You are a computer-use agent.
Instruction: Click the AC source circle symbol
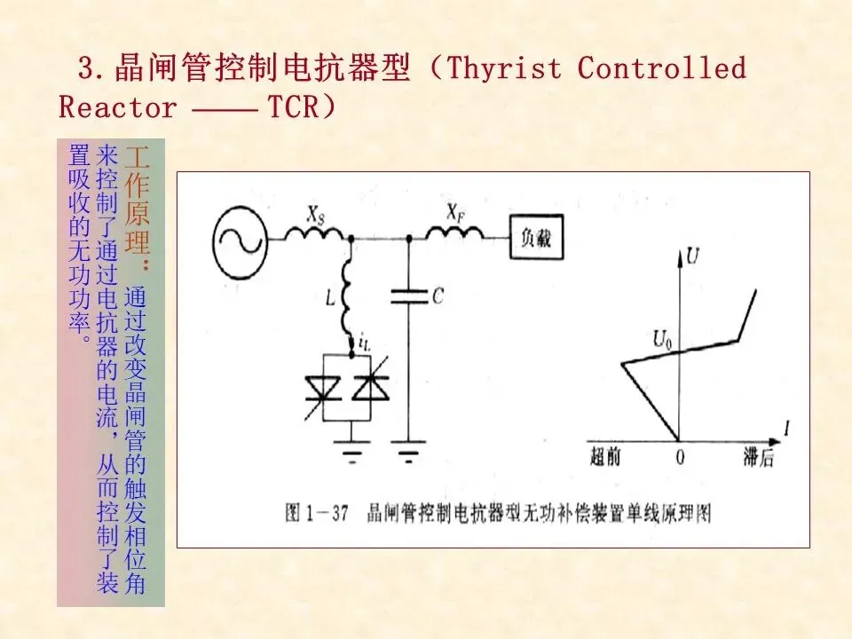pyautogui.click(x=240, y=237)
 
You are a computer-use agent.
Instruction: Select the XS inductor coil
pyautogui.click(x=314, y=233)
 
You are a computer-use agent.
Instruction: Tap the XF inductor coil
pyautogui.click(x=454, y=233)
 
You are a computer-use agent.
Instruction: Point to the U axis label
pyautogui.click(x=695, y=257)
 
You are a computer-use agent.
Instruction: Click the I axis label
pyautogui.click(x=786, y=429)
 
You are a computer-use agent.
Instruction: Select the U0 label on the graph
pyautogui.click(x=663, y=338)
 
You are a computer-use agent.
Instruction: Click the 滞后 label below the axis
pyautogui.click(x=759, y=458)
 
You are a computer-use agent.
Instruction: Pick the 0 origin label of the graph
pyautogui.click(x=681, y=458)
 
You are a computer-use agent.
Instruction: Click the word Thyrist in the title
pyautogui.click(x=505, y=68)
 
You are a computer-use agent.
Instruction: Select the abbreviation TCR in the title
pyautogui.click(x=292, y=107)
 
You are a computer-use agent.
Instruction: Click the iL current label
pyautogui.click(x=366, y=340)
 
